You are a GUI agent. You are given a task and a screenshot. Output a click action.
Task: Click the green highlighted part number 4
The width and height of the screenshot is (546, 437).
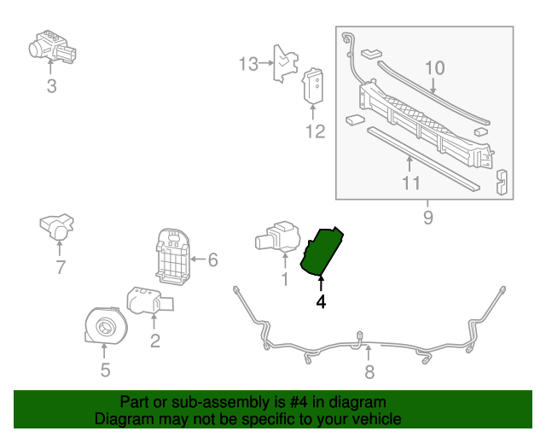[x=323, y=251]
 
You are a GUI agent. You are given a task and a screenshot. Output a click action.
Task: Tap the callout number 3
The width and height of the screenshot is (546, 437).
[x=51, y=86]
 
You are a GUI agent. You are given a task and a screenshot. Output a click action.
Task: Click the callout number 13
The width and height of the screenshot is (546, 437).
[x=247, y=64]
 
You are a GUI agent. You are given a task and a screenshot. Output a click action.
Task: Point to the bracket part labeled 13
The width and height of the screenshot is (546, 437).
[x=283, y=63]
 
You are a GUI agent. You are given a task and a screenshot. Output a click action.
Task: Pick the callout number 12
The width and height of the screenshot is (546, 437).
[x=316, y=131]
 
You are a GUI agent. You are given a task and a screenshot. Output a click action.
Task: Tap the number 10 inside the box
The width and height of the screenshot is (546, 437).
[x=435, y=67]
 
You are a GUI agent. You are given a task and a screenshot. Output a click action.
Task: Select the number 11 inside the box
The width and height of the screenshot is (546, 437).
[x=410, y=183]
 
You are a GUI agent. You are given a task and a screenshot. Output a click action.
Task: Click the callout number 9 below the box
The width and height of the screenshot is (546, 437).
[x=427, y=218]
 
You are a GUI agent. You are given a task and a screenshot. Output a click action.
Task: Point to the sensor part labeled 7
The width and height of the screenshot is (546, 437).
[x=57, y=226]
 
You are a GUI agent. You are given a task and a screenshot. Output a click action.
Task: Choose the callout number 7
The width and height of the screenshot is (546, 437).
[x=61, y=267]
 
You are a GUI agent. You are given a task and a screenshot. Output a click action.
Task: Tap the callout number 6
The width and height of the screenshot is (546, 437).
[x=213, y=259]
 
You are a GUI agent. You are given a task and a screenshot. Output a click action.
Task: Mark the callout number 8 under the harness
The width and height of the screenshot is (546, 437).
[x=369, y=371]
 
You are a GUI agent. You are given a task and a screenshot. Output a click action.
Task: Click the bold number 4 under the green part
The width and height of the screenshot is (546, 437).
[x=322, y=301]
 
